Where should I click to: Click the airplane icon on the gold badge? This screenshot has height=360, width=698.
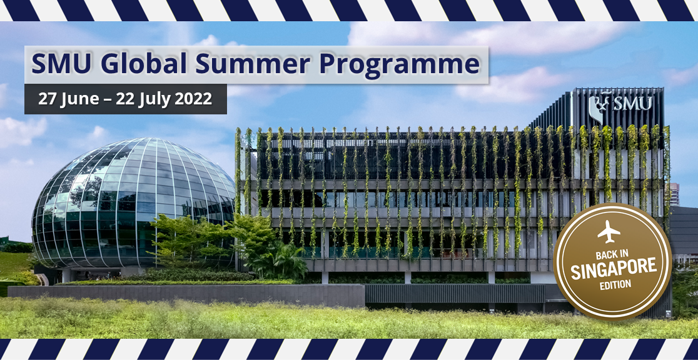(609, 231)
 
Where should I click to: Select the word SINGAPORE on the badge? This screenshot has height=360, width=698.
(614, 269)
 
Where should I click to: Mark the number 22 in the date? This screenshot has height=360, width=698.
(124, 99)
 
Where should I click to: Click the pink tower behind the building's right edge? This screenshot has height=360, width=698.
(674, 195)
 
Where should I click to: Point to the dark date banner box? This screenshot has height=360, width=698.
(126, 99)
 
